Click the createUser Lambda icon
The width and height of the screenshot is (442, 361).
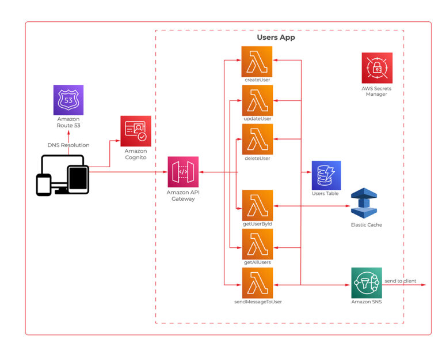(257, 61)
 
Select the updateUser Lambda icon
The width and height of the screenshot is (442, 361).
(257, 100)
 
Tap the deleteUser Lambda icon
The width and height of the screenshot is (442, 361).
(257, 139)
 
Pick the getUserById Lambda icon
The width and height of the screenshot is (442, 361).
(257, 205)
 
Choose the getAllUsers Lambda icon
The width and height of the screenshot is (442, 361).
(257, 244)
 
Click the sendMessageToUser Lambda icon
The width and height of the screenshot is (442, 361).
(257, 283)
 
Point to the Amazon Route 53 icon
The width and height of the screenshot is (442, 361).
(68, 100)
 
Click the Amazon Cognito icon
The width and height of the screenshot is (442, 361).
(136, 131)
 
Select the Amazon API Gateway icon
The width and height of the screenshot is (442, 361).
(183, 172)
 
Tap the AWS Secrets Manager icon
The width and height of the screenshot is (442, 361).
(377, 68)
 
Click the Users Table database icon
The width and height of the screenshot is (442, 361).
(326, 175)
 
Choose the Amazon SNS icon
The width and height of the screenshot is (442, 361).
(367, 283)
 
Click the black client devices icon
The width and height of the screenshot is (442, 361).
(63, 175)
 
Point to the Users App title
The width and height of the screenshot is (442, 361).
(276, 37)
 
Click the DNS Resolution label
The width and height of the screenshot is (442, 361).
(68, 145)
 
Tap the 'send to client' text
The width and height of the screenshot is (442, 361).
(400, 281)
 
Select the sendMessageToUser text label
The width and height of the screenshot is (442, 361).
(258, 302)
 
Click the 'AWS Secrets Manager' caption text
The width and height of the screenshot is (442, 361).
(377, 91)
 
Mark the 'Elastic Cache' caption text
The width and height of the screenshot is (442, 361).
(367, 225)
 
